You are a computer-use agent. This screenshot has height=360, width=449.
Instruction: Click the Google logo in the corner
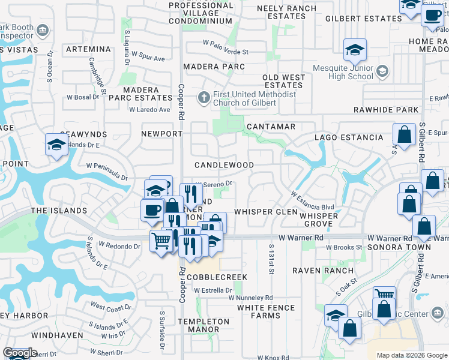pyautogui.click(x=20, y=353)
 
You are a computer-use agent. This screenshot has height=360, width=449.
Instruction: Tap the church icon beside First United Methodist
pyautogui.click(x=204, y=97)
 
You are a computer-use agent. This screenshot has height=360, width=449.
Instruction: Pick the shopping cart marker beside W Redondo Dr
pyautogui.click(x=161, y=242)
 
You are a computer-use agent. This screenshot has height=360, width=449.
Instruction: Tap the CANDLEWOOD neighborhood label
pyautogui.click(x=224, y=165)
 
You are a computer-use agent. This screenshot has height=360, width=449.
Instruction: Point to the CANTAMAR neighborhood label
pyautogui.click(x=271, y=127)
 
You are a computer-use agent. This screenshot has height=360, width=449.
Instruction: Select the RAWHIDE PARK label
pyautogui.click(x=394, y=110)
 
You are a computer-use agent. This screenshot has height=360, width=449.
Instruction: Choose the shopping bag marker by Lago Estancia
pyautogui.click(x=405, y=135)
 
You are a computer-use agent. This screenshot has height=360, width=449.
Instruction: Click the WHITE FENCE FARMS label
pyautogui.click(x=266, y=311)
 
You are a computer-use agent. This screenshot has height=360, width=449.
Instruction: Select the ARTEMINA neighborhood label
pyautogui.click(x=88, y=49)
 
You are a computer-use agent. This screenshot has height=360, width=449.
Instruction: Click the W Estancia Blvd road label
pyautogui.click(x=312, y=202)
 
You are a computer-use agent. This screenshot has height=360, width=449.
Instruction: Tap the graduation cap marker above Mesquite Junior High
pyautogui.click(x=355, y=50)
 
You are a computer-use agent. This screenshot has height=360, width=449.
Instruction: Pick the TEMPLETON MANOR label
pyautogui.click(x=208, y=325)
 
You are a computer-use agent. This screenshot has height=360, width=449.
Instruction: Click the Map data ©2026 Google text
pyautogui.click(x=412, y=355)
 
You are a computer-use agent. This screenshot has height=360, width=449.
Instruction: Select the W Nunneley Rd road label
pyautogui.click(x=250, y=298)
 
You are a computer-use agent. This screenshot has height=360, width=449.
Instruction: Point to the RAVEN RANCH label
pyautogui.click(x=323, y=271)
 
